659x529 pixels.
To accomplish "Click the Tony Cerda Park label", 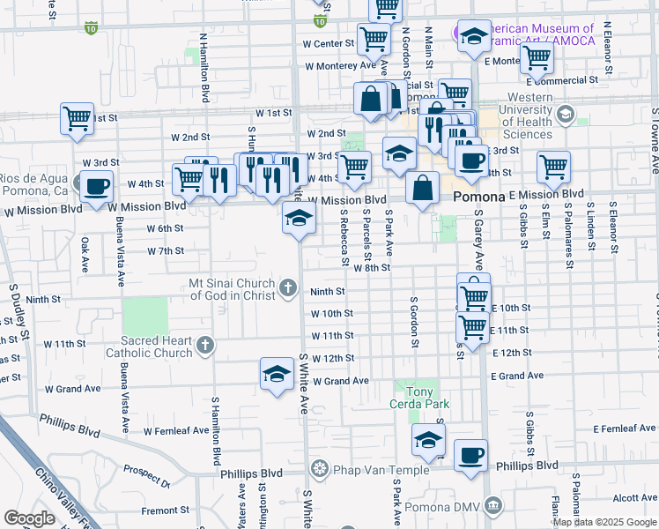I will [x=419, y=397].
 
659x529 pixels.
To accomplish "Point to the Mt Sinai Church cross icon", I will [x=288, y=288].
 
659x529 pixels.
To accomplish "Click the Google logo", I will [x=29, y=518].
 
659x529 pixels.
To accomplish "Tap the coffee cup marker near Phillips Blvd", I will [x=470, y=456].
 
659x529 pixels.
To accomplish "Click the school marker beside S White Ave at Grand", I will [x=277, y=373].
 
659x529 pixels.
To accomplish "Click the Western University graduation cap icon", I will [x=563, y=115].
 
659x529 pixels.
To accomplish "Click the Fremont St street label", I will [x=166, y=510].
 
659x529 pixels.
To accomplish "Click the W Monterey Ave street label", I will [x=340, y=66].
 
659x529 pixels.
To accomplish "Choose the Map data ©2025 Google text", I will [x=603, y=522].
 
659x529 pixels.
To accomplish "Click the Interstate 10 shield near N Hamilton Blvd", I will [x=92, y=28].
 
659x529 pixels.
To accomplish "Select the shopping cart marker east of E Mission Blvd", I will [x=553, y=166].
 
